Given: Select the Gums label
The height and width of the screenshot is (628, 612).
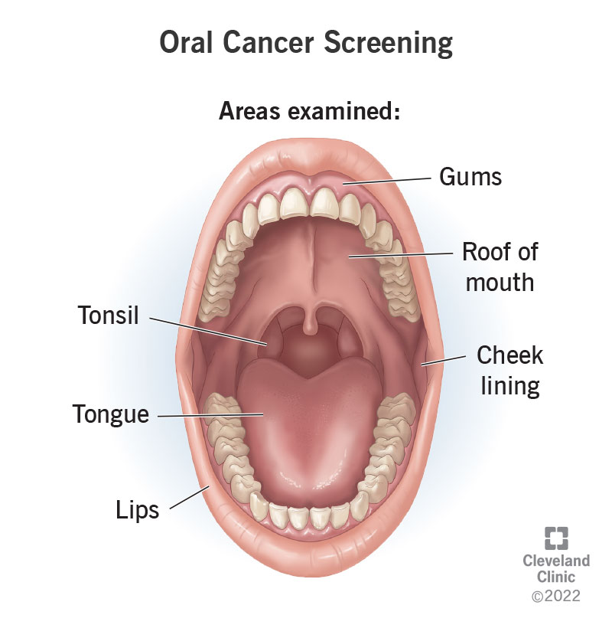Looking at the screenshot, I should [x=470, y=177].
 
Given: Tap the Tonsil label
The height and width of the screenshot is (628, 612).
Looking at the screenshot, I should [x=108, y=315].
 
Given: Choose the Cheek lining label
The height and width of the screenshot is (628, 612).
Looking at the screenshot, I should [x=509, y=371].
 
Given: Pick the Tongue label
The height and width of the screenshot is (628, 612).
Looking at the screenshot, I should [x=111, y=414].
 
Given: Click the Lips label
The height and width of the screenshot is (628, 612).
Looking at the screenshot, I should [x=138, y=509].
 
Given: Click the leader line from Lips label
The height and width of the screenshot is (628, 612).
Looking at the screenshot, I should [x=187, y=498].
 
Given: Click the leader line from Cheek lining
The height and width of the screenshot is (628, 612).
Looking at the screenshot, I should [x=444, y=361].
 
